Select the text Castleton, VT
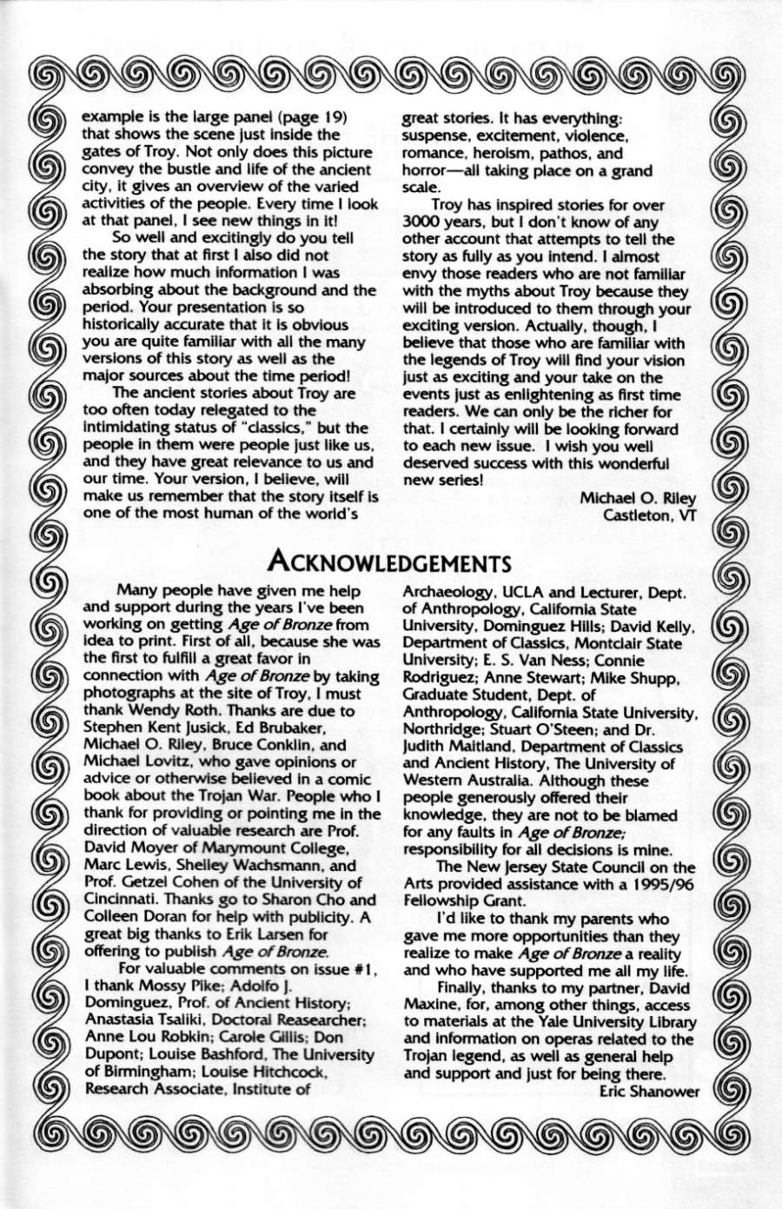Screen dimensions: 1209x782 [x=651, y=515]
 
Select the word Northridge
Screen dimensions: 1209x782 [x=444, y=728]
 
